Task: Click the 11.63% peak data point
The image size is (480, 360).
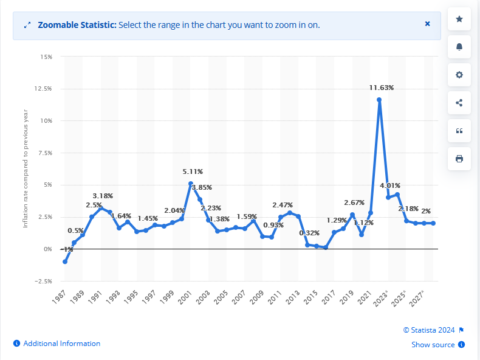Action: click(379, 100)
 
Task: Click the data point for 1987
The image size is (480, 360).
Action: click(64, 261)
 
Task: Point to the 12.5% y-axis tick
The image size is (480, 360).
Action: click(44, 89)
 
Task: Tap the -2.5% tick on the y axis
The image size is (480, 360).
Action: click(44, 281)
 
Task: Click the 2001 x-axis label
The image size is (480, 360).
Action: click(185, 297)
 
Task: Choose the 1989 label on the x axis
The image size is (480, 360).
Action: click(77, 297)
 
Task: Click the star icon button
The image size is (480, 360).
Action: click(459, 19)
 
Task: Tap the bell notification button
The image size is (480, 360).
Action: click(459, 47)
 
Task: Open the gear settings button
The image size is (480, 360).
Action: click(459, 75)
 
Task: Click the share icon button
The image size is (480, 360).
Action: click(459, 103)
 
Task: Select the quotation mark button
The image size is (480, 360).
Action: click(459, 131)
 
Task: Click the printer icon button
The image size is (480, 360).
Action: click(459, 159)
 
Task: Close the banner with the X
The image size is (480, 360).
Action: click(427, 24)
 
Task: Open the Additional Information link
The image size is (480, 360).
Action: click(61, 344)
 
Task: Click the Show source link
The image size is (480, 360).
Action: click(433, 345)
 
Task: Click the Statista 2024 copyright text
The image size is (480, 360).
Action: click(429, 330)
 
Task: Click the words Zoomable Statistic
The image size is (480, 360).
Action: click(77, 25)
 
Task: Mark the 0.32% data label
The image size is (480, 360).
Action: click(309, 233)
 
